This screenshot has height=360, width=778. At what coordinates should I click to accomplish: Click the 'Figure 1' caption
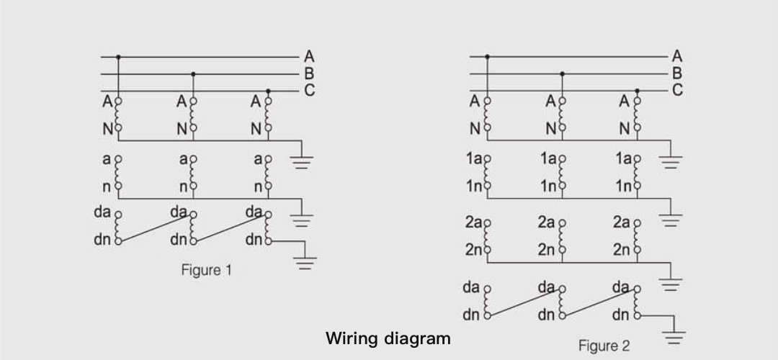point(206,271)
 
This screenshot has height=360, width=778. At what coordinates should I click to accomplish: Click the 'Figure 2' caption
point(604,346)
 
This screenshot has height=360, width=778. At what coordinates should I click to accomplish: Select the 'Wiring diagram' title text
point(388,338)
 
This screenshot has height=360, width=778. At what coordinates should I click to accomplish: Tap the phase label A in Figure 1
point(309,56)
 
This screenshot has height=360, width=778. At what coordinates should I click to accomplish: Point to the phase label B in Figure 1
point(309,73)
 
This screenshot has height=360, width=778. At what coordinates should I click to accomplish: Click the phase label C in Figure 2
point(677,90)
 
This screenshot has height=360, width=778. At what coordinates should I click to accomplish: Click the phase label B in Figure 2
point(677,73)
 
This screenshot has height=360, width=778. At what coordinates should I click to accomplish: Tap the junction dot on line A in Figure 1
point(118,56)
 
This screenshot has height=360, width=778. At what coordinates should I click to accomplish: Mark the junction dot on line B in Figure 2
point(563,73)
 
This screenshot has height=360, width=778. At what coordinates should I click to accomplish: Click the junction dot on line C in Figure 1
point(269,91)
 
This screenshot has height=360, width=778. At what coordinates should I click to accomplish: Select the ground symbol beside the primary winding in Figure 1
point(303,161)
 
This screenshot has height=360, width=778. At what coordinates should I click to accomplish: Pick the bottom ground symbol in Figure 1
point(305,261)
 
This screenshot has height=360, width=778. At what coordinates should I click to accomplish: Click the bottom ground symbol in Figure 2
point(674,336)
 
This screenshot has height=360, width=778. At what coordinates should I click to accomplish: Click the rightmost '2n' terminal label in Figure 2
point(622,250)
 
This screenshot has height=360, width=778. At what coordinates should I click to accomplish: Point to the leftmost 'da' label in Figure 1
point(102,212)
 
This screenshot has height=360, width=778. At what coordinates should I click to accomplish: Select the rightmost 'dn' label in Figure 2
point(620,315)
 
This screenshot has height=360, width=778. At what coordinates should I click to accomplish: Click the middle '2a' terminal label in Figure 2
point(546,222)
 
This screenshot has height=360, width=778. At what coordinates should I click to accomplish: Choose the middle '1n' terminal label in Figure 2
point(549,186)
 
